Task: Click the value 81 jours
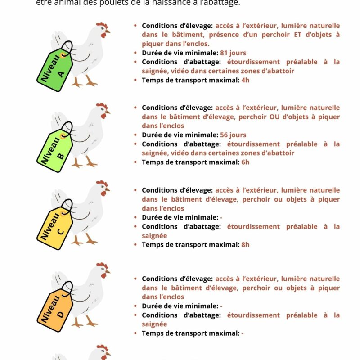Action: click(x=233, y=53)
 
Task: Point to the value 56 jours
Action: click(x=233, y=135)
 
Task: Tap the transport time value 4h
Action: click(x=245, y=80)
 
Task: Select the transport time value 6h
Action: click(x=245, y=162)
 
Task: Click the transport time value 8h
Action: click(x=245, y=245)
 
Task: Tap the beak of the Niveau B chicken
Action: click(x=108, y=113)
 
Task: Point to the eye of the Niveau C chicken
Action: click(x=103, y=188)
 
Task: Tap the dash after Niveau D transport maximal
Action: click(x=243, y=333)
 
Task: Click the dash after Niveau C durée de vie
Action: click(x=221, y=218)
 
